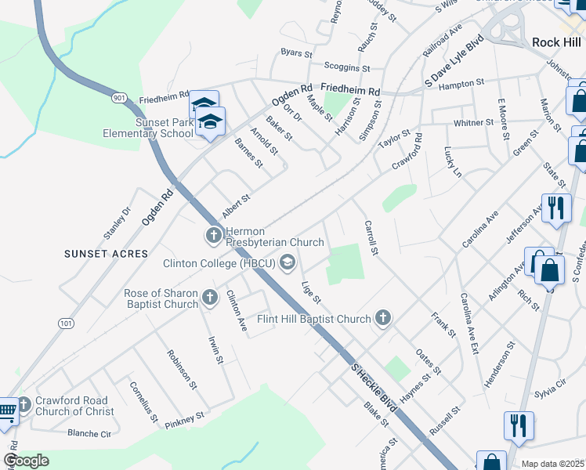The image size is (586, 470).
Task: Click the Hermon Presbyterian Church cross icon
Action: pos(213,234)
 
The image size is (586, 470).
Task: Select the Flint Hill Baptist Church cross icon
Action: pos(382,317)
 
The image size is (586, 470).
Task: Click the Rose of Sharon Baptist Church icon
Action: pos(209,298)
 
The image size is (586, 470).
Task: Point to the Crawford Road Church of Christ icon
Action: pos(22,404)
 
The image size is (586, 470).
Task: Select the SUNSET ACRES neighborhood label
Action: pos(107,254)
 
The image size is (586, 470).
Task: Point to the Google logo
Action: pos(26,461)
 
